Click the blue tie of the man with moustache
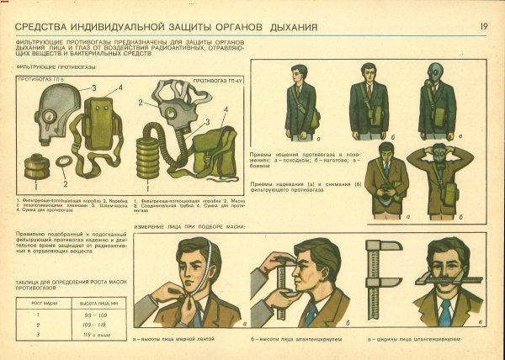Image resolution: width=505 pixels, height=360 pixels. click(444, 312)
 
